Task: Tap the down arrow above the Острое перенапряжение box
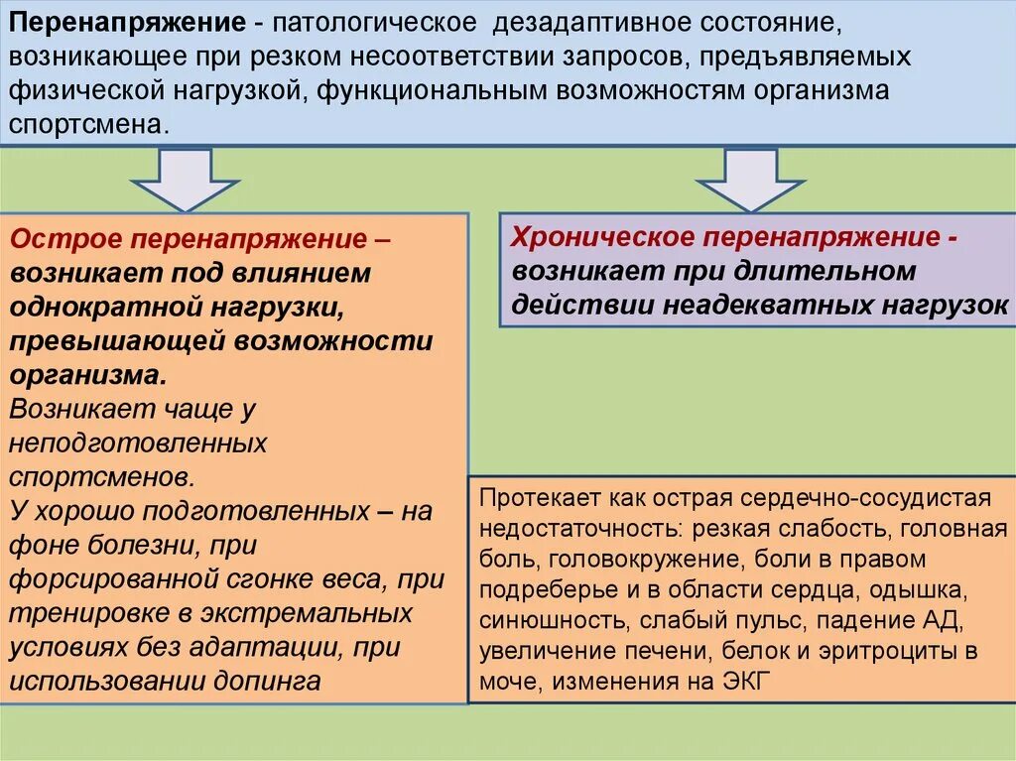point(186,180)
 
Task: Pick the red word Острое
point(66,239)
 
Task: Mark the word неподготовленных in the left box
point(139,442)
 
